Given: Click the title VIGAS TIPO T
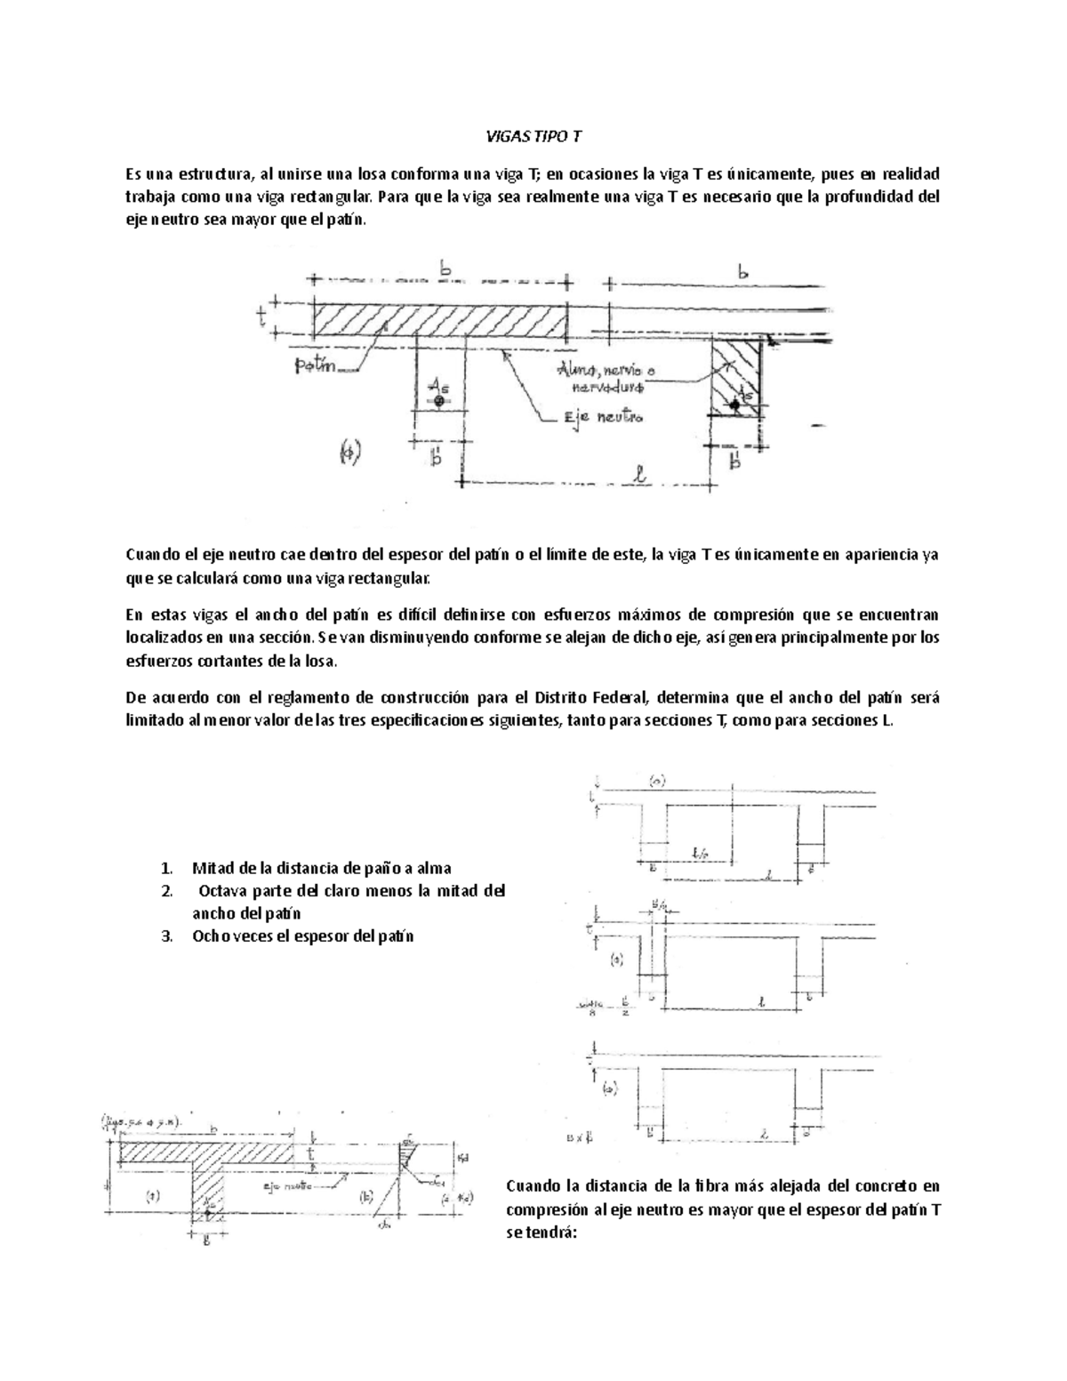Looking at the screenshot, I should coord(533,137).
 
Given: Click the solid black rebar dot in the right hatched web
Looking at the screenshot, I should coord(734,405).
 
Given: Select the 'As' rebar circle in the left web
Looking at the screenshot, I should coord(438,401).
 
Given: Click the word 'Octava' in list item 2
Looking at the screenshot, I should coord(225,891).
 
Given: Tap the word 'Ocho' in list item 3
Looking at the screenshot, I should coord(210,935).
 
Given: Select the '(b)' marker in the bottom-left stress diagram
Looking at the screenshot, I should coord(366,1197).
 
